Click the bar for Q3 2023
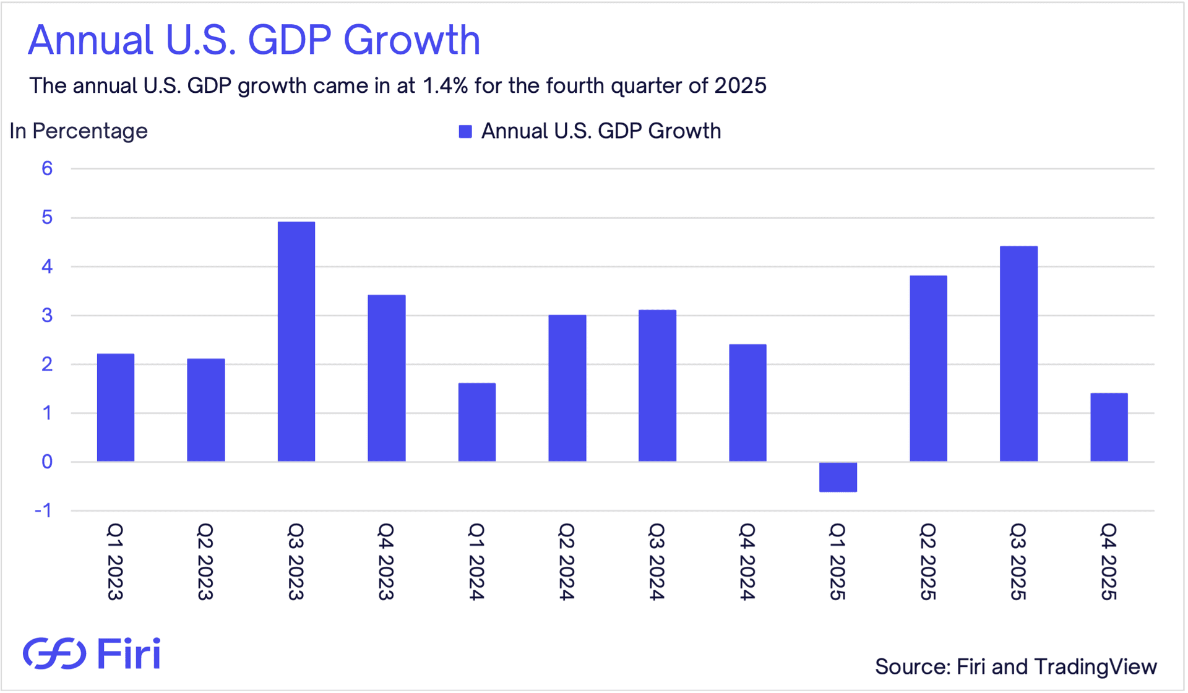(x=296, y=342)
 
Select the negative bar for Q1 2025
(x=838, y=477)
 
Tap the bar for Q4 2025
(x=1109, y=427)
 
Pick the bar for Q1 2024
(x=477, y=422)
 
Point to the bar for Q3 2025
(x=1018, y=354)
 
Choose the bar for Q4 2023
(x=387, y=378)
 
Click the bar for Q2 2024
(x=567, y=388)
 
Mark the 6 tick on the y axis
(x=47, y=168)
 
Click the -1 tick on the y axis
(x=43, y=510)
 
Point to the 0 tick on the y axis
(x=47, y=462)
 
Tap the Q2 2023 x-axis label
(x=205, y=561)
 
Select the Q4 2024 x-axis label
(x=747, y=561)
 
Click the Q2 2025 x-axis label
(x=928, y=561)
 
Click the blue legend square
(x=465, y=131)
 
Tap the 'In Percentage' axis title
(x=79, y=131)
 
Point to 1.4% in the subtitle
(x=445, y=85)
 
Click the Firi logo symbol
(x=54, y=653)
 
